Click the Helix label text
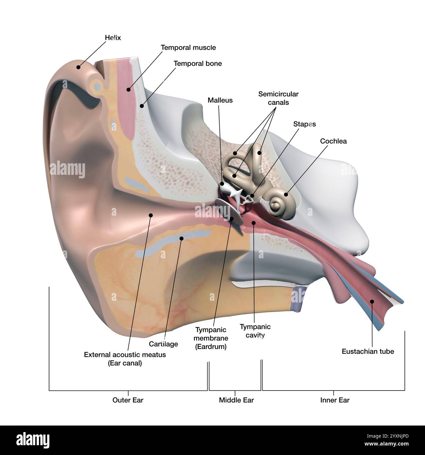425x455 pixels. (x=113, y=38)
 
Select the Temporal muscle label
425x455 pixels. (x=188, y=47)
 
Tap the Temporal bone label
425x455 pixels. (x=197, y=64)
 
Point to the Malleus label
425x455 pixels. (x=220, y=100)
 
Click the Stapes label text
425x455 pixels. (x=304, y=124)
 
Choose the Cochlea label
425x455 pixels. (x=333, y=141)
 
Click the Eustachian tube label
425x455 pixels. (x=368, y=351)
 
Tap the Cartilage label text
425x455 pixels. (x=163, y=344)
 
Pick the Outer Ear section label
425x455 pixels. (x=128, y=400)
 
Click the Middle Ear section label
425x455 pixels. (x=236, y=400)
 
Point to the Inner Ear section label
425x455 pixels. (x=335, y=400)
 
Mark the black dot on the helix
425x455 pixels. (x=78, y=67)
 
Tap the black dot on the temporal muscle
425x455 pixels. (x=128, y=89)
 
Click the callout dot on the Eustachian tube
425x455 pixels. (x=372, y=301)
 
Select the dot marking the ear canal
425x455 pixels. (x=151, y=215)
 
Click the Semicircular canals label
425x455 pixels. (x=278, y=98)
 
